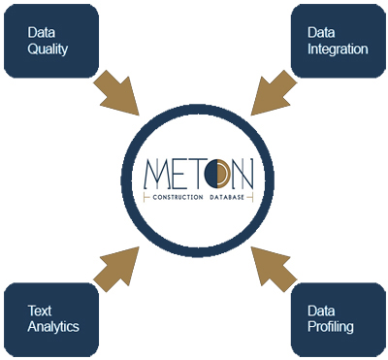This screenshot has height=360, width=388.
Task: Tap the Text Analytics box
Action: pos(51,318)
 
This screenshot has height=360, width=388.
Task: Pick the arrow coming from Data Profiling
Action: pos(273,267)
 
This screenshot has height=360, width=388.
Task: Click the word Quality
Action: pos(48,48)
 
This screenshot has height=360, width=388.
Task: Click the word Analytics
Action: pos(53,327)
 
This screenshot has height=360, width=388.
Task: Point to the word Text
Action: pos(40,311)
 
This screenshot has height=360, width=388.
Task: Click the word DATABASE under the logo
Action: pos(226,197)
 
